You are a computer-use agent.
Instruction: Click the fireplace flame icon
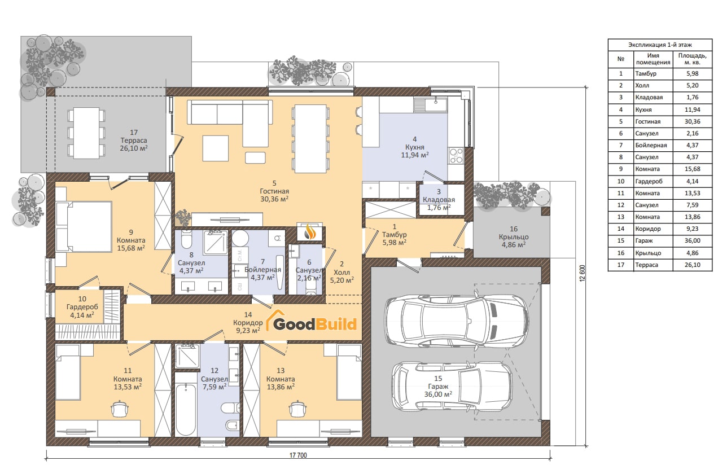coord(309,231)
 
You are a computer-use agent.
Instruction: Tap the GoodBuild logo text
coord(315,324)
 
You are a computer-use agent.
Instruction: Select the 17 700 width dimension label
coord(298,455)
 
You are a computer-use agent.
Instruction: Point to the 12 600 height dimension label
coord(583,273)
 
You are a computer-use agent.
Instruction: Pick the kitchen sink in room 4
coord(431,105)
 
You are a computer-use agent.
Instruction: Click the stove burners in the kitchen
coord(456,155)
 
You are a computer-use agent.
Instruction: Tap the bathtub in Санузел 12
coord(186,410)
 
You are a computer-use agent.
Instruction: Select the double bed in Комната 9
coord(84,226)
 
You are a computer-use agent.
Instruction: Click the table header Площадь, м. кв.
coord(693,59)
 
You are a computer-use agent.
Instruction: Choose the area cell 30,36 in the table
coord(693,121)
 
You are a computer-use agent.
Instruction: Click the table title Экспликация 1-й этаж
coord(660,45)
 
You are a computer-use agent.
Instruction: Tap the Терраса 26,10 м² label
coord(134,141)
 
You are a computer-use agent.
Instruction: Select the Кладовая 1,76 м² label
coord(439,200)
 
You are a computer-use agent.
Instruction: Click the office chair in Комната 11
coord(120,409)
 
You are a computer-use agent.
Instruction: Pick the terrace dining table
coord(86,133)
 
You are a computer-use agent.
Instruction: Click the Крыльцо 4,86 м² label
coord(514,237)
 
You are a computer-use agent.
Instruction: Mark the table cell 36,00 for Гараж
coord(693,240)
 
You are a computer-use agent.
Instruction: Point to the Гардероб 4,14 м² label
coord(82,307)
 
